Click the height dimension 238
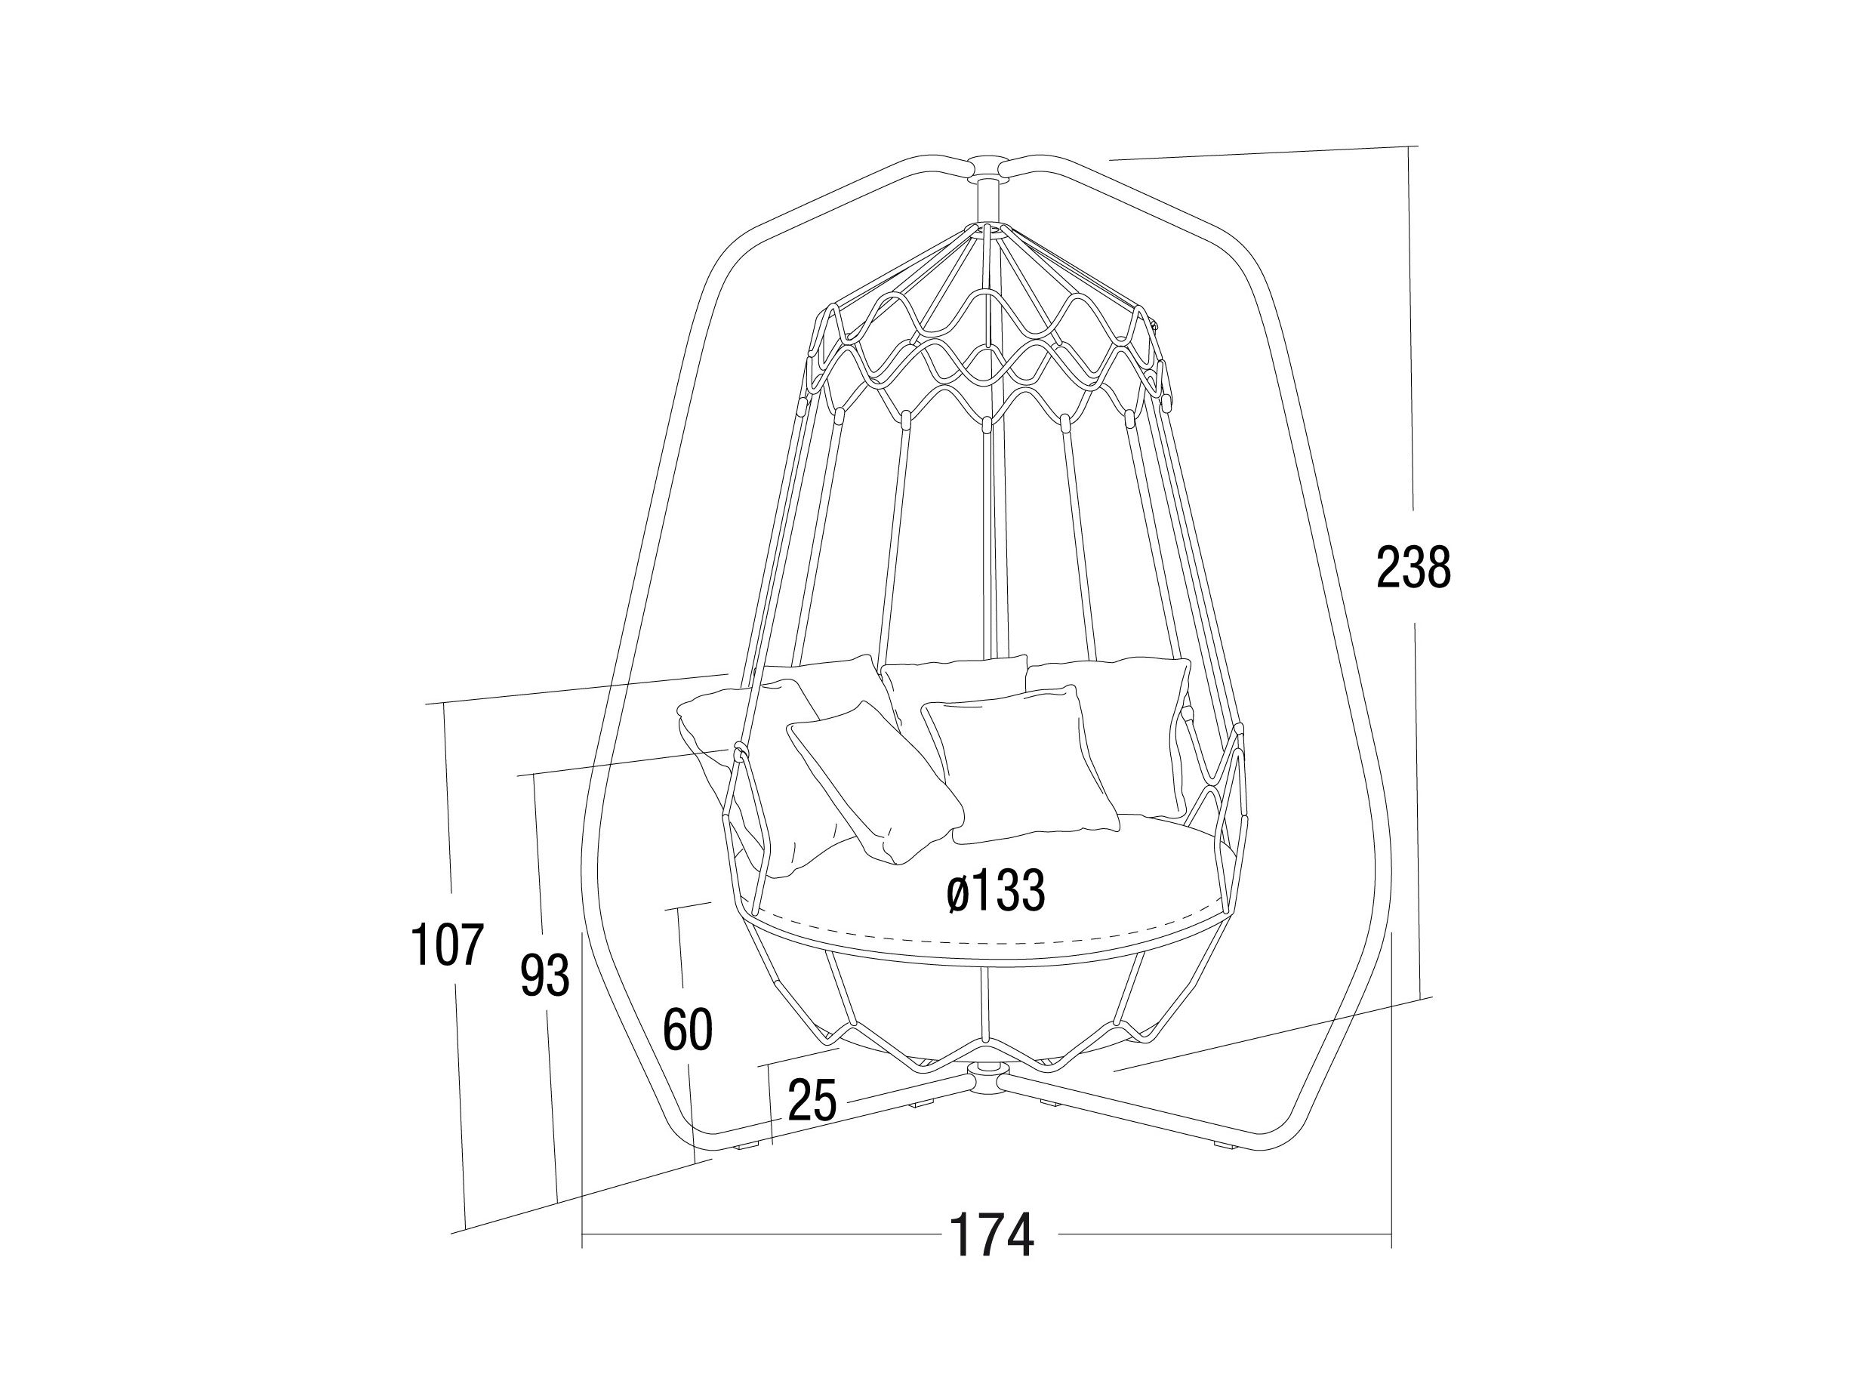pyautogui.click(x=1413, y=566)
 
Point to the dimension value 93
pyautogui.click(x=544, y=975)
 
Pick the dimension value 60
pyautogui.click(x=688, y=1029)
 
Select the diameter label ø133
pyautogui.click(x=995, y=891)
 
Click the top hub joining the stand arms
pyautogui.click(x=986, y=165)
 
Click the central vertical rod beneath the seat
pyautogui.click(x=984, y=1005)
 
